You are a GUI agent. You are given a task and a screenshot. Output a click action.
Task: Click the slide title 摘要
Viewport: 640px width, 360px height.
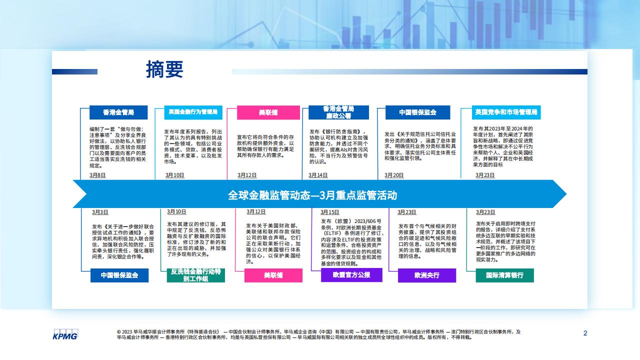pos(164,69)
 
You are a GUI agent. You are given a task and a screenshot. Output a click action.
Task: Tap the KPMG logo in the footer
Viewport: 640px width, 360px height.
pos(65,334)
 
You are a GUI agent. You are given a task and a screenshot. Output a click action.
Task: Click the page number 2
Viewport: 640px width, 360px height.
pos(585,333)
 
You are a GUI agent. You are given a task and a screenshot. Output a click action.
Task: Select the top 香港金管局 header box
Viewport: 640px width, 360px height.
pos(118,112)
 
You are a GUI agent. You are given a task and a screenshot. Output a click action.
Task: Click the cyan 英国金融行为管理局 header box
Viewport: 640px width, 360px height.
pos(193,112)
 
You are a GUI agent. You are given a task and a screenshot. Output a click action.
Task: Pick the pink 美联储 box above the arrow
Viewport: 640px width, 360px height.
pos(268,112)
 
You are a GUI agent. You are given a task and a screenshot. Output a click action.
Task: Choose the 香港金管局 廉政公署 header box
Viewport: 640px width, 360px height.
pos(338,112)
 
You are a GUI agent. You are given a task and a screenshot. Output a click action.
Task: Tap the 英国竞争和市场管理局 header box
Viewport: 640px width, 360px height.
pos(506,112)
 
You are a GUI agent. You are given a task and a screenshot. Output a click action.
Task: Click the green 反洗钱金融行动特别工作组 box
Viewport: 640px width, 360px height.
pos(195,275)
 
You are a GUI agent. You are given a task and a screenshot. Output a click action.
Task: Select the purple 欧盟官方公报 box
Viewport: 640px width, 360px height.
pos(351,275)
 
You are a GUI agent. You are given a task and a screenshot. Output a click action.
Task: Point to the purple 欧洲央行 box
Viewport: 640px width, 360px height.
pos(427,275)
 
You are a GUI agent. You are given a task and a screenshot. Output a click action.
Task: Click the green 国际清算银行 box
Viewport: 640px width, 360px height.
pos(504,275)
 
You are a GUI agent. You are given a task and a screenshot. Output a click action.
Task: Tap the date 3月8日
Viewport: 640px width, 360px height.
pos(97,175)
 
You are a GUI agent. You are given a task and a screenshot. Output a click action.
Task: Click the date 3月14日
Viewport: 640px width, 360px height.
pos(317,175)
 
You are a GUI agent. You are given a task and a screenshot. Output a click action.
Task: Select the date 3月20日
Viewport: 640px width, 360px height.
pos(393,175)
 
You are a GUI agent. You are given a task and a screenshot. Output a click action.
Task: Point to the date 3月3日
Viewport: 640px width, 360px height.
pos(100,212)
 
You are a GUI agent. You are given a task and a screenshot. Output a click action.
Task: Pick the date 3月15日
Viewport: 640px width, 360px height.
pos(329,212)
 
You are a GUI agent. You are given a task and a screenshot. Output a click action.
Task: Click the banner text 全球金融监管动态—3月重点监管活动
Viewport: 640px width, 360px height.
pos(312,195)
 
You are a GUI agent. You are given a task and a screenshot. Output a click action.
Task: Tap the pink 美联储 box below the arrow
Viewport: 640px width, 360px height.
pos(273,275)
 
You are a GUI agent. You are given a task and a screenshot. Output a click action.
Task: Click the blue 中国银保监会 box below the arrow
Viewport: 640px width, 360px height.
pos(119,275)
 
